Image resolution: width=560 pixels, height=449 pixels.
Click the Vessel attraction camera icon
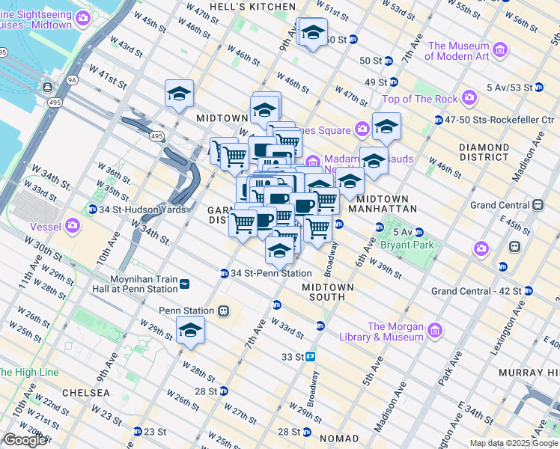(x=73, y=224)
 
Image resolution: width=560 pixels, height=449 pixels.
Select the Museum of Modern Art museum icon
(x=499, y=51)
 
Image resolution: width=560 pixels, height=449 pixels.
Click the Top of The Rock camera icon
(x=469, y=98)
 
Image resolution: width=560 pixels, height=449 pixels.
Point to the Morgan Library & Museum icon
(x=435, y=330)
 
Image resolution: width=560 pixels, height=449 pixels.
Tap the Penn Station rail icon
(x=223, y=311)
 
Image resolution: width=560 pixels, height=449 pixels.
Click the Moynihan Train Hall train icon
(x=184, y=284)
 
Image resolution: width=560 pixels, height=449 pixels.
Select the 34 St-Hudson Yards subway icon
(x=92, y=209)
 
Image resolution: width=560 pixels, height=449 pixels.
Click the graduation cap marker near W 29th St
(x=190, y=330)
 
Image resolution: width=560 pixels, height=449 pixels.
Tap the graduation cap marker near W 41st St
(x=180, y=94)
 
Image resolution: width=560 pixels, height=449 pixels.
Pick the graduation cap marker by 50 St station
(x=311, y=33)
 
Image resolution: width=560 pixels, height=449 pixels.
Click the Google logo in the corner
(x=24, y=440)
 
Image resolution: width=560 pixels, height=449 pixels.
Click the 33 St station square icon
(x=309, y=357)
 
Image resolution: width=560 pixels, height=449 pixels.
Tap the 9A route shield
(x=72, y=78)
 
